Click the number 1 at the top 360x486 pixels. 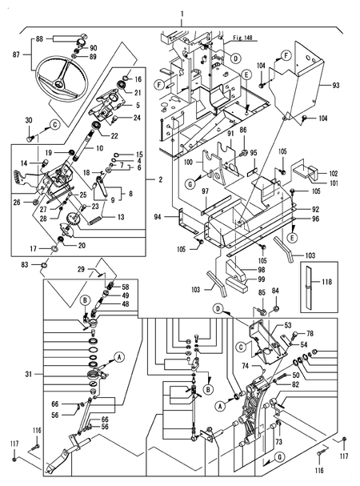click(182, 14)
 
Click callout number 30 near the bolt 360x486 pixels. click(30, 121)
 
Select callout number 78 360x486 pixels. click(310, 332)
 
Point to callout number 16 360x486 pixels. click(137, 79)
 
